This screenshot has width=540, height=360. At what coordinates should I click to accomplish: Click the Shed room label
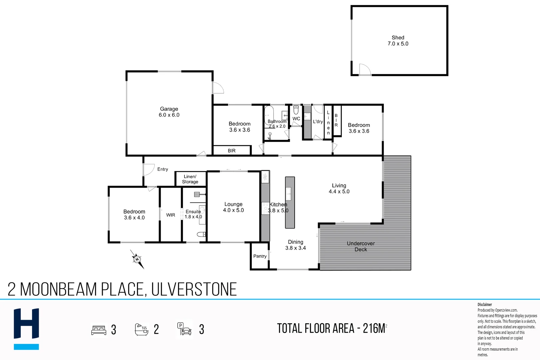click(x=398, y=40)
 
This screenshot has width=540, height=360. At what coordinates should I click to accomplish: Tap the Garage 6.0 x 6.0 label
click(x=169, y=112)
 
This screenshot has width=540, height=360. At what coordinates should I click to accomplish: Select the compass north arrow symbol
click(x=137, y=259)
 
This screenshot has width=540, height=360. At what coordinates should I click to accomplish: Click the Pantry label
click(x=260, y=256)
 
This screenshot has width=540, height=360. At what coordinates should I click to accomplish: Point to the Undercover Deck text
click(x=361, y=246)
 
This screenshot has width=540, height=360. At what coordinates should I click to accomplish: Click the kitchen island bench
click(x=290, y=202)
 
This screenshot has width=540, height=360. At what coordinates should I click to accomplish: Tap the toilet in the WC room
click(x=296, y=110)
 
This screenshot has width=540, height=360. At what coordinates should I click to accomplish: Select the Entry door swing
click(x=149, y=169)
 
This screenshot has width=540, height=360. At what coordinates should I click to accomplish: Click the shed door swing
click(x=365, y=69)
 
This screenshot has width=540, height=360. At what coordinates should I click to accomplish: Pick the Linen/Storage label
click(x=190, y=179)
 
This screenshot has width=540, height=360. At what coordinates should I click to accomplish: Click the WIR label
click(x=170, y=215)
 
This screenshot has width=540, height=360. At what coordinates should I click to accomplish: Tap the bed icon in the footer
click(x=99, y=330)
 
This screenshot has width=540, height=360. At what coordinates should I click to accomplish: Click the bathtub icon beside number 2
click(x=141, y=329)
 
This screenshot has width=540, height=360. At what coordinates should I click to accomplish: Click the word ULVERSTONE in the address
click(x=194, y=289)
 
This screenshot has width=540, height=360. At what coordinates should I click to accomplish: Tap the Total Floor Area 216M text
click(x=332, y=328)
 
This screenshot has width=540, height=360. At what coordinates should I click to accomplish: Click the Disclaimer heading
click(x=484, y=304)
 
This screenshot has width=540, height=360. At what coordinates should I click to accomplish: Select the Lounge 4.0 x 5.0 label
click(x=233, y=207)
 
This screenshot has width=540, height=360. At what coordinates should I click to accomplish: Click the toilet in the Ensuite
click(x=201, y=234)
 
